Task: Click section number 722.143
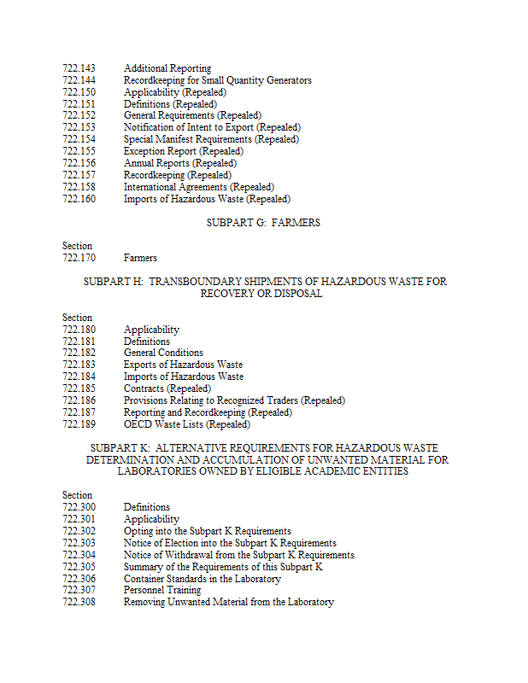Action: pos(79,68)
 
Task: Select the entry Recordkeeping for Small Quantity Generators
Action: pos(217,80)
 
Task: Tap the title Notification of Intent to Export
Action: pos(211,127)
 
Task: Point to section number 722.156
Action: pos(79,163)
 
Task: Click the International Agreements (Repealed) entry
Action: pos(198,187)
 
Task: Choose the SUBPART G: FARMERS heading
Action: pos(263,223)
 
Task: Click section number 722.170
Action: pos(79,258)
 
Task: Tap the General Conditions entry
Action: pos(163,353)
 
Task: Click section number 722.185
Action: pos(79,388)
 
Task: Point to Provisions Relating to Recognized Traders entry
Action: pos(234,400)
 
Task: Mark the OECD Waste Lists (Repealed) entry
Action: pos(186,424)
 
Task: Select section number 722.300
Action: pos(79,507)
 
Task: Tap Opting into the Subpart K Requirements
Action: pos(207,531)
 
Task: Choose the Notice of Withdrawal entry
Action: pos(238,555)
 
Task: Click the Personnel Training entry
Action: pos(162,590)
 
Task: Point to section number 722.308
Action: pos(79,602)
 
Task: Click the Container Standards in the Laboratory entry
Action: pos(202,579)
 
